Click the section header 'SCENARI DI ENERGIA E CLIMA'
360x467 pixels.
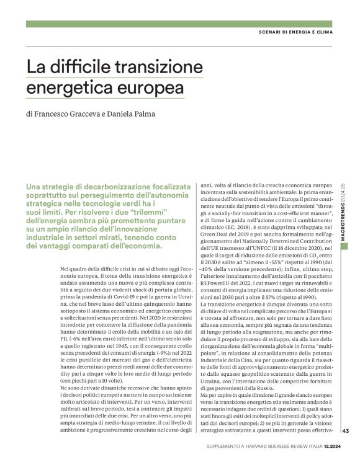coord(300,32)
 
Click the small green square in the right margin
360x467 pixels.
coord(344,246)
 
